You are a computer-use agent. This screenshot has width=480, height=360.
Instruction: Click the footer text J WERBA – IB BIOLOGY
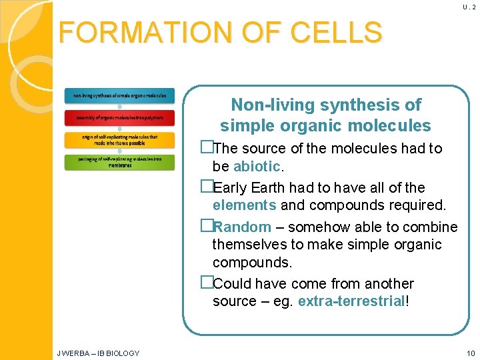[x=98, y=353]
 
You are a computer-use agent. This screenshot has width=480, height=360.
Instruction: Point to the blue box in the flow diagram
[x=119, y=95]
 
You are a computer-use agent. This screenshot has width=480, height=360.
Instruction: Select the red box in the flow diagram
[x=119, y=117]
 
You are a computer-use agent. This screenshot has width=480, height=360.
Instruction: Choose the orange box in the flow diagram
[x=119, y=139]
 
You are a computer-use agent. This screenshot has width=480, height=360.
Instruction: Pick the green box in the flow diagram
[x=119, y=161]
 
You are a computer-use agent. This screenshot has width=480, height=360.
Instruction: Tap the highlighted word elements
[x=244, y=205]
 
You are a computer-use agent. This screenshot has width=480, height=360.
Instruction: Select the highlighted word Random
[x=242, y=227]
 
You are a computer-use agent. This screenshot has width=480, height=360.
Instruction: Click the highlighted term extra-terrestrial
[x=351, y=301]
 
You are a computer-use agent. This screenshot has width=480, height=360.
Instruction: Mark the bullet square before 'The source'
[x=206, y=148]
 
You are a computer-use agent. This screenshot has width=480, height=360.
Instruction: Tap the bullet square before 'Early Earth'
[x=206, y=188]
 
